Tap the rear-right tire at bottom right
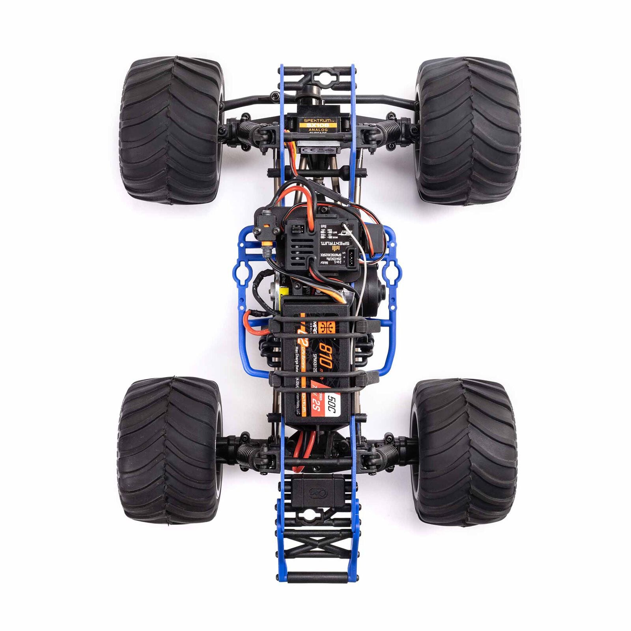pos(464,452)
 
